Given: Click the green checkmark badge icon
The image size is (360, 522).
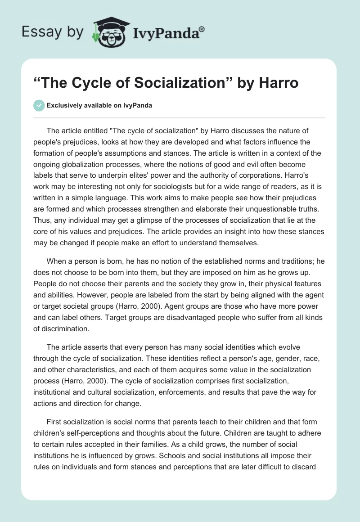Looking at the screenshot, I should (x=39, y=105).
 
